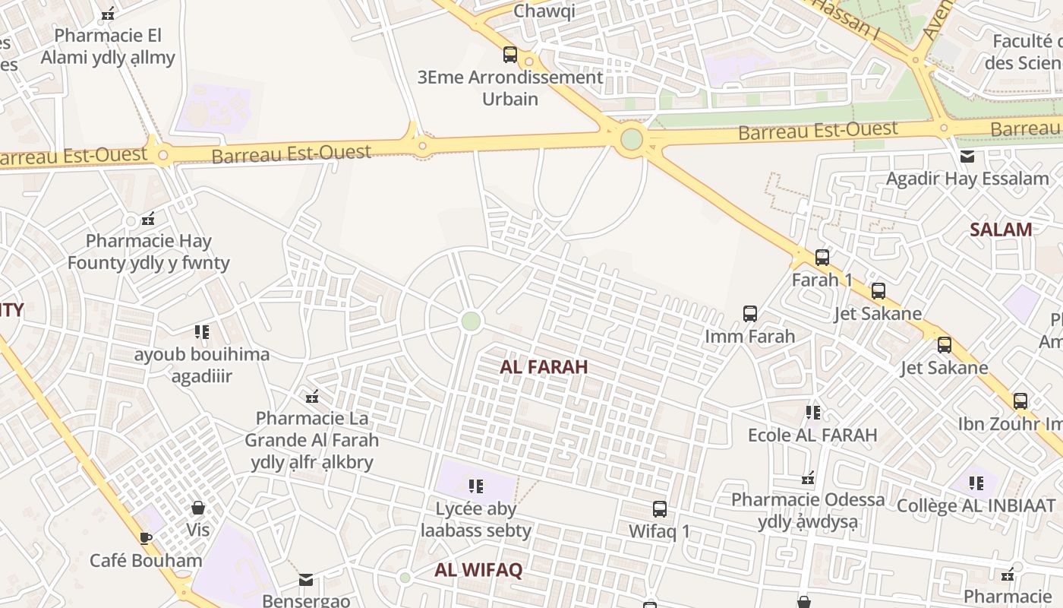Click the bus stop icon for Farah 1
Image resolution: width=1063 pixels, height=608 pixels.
click(x=822, y=257)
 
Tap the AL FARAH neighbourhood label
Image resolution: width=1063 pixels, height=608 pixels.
click(x=544, y=367)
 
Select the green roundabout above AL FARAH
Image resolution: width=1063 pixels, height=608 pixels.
click(x=471, y=321)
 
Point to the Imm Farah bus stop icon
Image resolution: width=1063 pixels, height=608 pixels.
click(x=750, y=313)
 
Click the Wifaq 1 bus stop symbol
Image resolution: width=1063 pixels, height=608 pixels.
click(x=660, y=508)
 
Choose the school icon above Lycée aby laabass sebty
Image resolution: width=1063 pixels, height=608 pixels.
click(x=476, y=486)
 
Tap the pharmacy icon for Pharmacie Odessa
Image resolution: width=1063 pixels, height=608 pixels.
click(x=808, y=479)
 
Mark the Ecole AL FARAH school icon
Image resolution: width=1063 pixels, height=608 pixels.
click(x=813, y=413)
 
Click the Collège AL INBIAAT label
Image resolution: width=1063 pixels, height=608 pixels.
click(x=976, y=505)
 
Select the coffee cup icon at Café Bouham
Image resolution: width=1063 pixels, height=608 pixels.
click(x=146, y=538)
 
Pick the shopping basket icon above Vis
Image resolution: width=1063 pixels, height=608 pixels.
click(x=198, y=507)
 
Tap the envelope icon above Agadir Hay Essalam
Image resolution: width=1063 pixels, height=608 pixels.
click(x=967, y=157)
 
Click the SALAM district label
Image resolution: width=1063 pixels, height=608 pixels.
click(x=1001, y=230)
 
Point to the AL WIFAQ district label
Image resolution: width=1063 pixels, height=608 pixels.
click(x=478, y=571)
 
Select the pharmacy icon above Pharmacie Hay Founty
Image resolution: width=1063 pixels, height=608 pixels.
click(x=148, y=219)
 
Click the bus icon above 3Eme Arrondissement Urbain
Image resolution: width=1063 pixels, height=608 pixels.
click(x=510, y=55)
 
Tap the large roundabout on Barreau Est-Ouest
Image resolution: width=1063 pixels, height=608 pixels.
click(x=631, y=139)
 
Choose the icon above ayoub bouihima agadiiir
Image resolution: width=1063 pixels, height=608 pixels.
click(x=201, y=332)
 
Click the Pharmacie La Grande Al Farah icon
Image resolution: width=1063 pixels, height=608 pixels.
click(x=311, y=396)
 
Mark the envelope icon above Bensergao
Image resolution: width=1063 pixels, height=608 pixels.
click(x=306, y=580)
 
